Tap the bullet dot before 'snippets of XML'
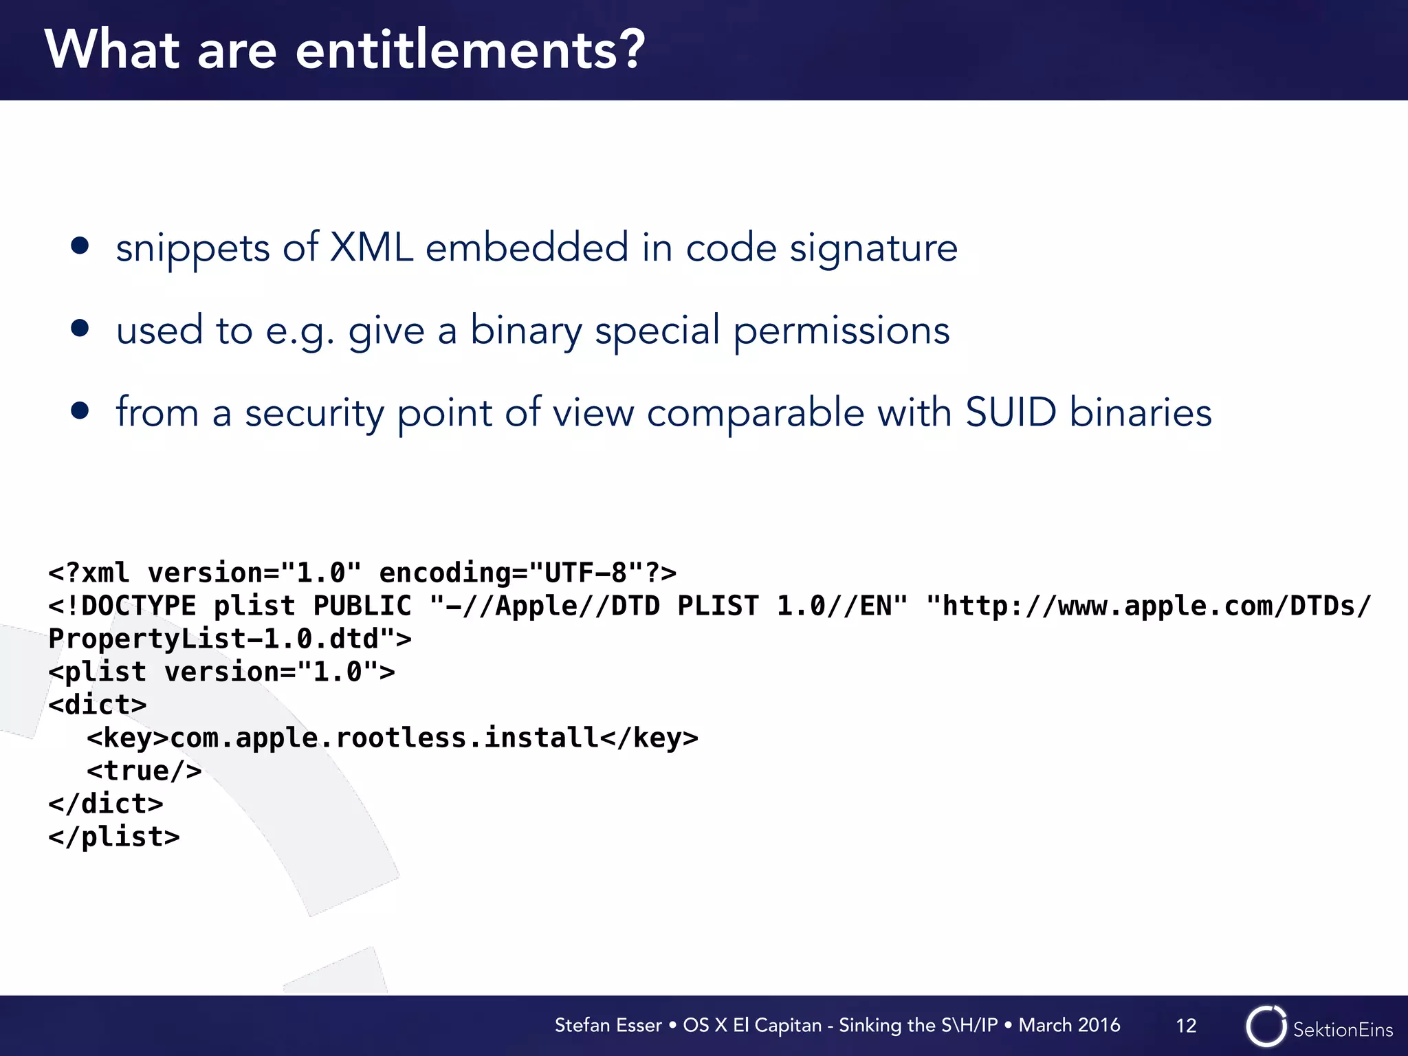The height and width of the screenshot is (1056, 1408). (x=80, y=246)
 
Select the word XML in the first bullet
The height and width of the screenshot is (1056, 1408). (x=371, y=247)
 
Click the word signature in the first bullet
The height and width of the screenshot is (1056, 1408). (x=873, y=249)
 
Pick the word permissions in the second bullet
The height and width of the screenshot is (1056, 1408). (x=841, y=331)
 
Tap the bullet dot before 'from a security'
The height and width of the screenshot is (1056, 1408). (x=80, y=410)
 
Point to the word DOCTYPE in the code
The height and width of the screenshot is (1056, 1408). (x=138, y=606)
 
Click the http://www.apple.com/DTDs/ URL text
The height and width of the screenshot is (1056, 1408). (x=1148, y=606)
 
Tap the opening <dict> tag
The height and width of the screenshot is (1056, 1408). (x=97, y=705)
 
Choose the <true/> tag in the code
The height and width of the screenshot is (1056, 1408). (x=144, y=771)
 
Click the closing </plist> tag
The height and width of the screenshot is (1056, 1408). (x=113, y=837)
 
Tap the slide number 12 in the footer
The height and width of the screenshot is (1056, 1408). (x=1186, y=1026)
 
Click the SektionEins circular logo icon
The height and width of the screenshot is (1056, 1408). (x=1266, y=1026)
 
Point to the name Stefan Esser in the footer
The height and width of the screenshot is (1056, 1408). (x=608, y=1025)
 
